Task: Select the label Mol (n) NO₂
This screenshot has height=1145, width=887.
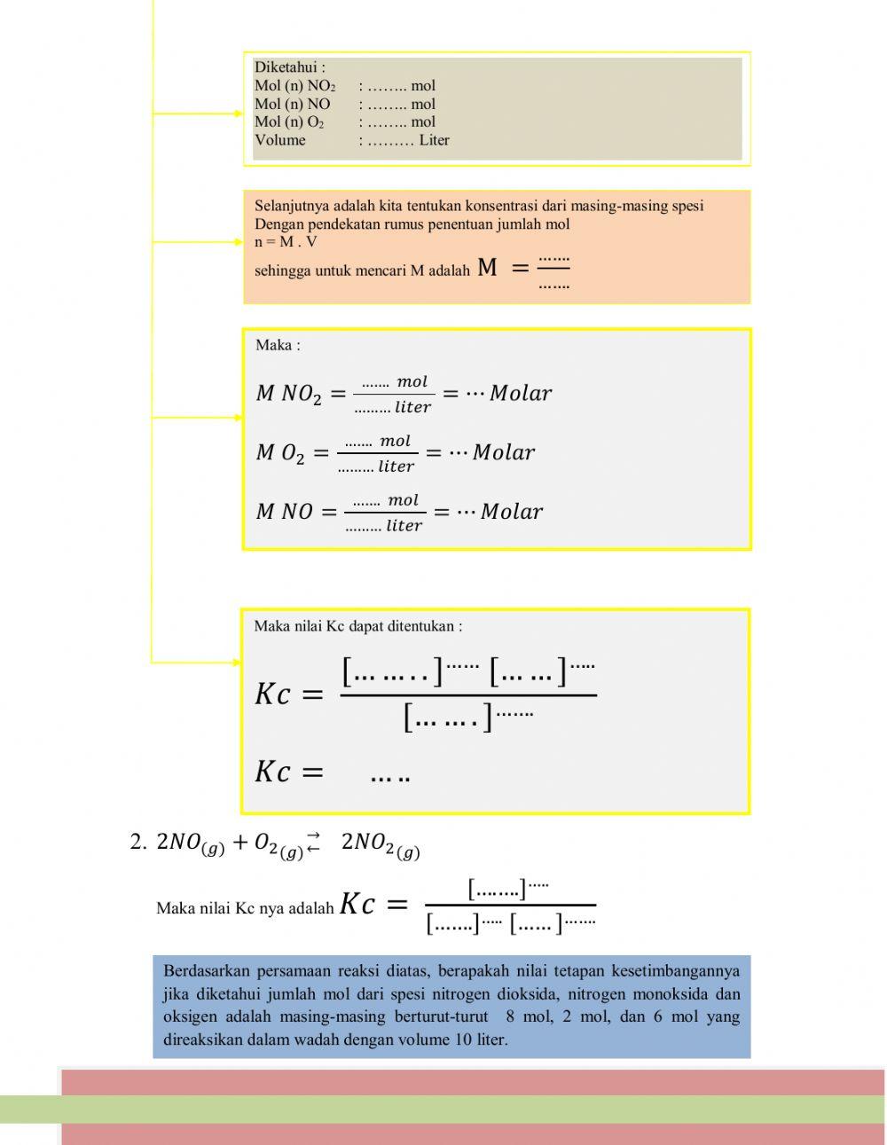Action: [x=294, y=86]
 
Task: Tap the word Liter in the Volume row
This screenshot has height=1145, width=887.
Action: [x=434, y=140]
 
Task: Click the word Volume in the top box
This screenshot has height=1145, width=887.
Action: [x=279, y=140]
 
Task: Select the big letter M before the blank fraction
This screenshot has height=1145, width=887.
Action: [x=487, y=267]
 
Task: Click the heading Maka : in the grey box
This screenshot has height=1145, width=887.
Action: [x=278, y=345]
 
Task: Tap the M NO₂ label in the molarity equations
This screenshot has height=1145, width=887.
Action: [x=288, y=394]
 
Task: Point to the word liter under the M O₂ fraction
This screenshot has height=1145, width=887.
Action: [x=396, y=467]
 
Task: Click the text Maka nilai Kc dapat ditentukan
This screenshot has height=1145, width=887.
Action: [x=357, y=626]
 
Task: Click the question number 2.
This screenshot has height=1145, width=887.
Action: [x=137, y=843]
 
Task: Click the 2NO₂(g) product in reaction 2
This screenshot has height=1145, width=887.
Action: [x=380, y=844]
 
